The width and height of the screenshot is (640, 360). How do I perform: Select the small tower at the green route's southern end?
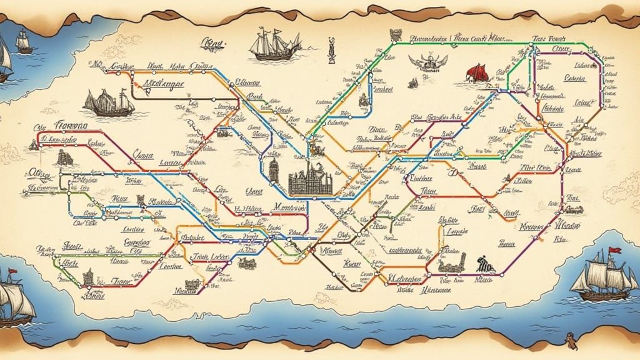click(87, 275)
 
